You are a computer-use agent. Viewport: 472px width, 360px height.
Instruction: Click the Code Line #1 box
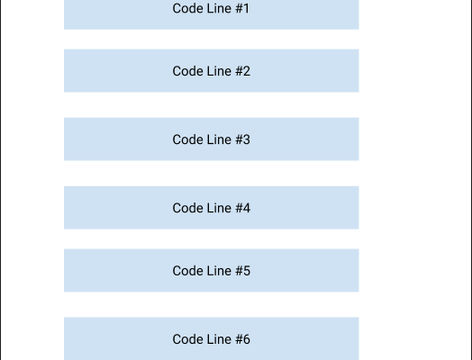coord(212,14)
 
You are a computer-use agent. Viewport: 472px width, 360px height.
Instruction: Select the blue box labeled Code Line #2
coord(212,71)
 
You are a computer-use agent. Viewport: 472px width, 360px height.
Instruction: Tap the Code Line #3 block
coord(212,139)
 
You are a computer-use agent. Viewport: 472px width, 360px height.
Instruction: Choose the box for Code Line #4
coord(212,208)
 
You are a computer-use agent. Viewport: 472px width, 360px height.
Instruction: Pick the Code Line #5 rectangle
coord(212,270)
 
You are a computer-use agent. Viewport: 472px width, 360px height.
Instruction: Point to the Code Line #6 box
coord(212,338)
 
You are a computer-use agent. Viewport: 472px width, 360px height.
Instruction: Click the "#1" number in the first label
coord(242,8)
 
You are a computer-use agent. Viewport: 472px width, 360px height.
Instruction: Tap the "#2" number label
coord(242,71)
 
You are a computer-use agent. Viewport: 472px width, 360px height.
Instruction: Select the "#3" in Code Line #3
coord(242,139)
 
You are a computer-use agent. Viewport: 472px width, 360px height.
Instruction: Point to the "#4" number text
coord(242,208)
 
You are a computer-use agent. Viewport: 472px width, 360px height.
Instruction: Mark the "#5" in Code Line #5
coord(242,271)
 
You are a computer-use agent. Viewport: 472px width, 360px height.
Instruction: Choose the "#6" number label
coord(242,339)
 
